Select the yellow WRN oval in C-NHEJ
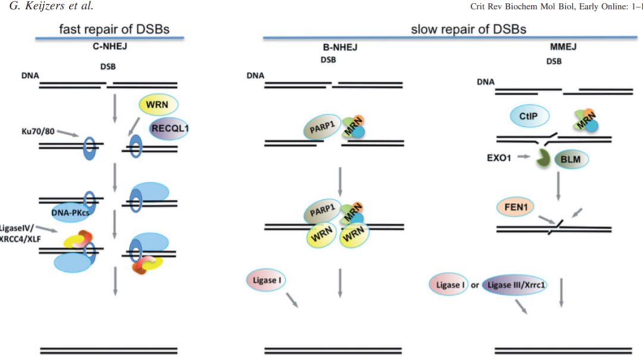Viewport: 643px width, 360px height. coord(158,105)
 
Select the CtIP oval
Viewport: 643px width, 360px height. coord(529,117)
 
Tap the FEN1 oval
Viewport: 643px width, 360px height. coord(516,207)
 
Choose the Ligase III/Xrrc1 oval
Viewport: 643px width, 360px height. coord(515,285)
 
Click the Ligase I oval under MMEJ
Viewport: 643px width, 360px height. coord(448,285)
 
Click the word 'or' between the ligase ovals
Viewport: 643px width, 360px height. coord(475,285)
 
